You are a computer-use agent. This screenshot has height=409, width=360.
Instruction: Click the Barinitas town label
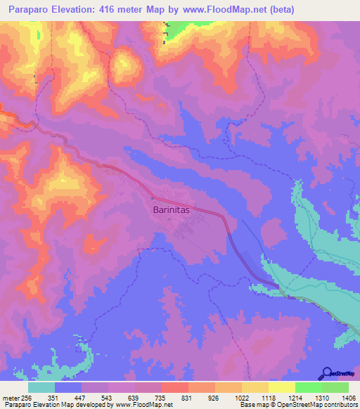point(172,209)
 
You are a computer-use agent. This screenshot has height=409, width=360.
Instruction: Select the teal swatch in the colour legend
point(41,387)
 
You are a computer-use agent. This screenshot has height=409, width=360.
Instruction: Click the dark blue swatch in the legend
point(68,387)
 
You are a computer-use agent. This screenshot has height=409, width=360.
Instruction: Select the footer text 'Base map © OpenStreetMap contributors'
point(297,405)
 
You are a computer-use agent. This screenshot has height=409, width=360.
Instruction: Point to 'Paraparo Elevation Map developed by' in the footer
point(49,405)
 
